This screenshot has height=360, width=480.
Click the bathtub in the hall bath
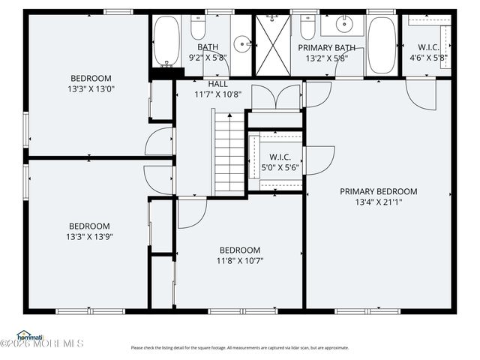pyautogui.click(x=166, y=40)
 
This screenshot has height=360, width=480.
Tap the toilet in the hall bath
pyautogui.click(x=198, y=28)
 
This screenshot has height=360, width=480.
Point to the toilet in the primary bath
pyautogui.click(x=307, y=28)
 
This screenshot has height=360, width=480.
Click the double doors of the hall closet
pyautogui.click(x=275, y=98)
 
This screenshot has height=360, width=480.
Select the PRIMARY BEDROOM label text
pyautogui.click(x=378, y=191)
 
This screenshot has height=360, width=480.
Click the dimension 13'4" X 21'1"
pyautogui.click(x=378, y=202)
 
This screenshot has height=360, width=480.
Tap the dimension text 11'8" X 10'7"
pyautogui.click(x=240, y=261)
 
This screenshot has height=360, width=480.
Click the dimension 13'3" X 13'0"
pyautogui.click(x=91, y=88)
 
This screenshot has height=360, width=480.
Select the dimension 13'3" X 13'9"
pyautogui.click(x=90, y=236)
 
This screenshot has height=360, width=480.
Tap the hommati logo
pyautogui.click(x=30, y=334)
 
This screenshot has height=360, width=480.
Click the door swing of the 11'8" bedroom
pyautogui.click(x=190, y=212)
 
